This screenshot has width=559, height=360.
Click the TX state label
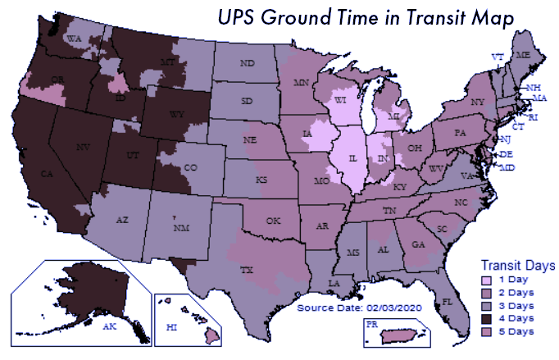(245, 269)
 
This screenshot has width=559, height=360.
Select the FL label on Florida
(448, 302)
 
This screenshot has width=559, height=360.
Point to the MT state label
(169, 62)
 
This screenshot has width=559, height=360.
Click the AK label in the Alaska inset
(109, 326)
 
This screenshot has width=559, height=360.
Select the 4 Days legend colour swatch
(486, 318)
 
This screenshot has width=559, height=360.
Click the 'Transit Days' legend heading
(517, 266)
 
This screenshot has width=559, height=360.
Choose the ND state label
(247, 62)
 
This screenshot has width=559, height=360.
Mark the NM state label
(179, 227)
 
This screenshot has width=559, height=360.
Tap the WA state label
(74, 39)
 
